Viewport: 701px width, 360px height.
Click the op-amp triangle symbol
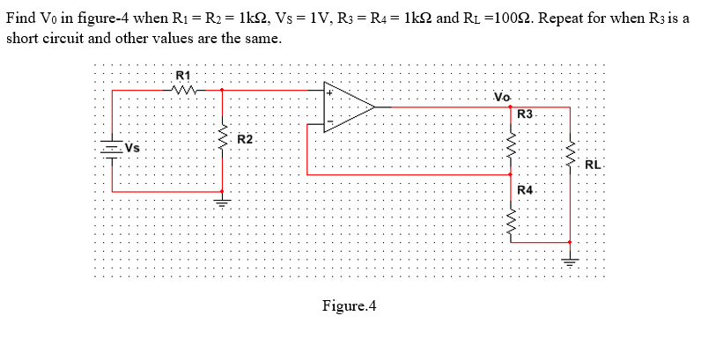click(348, 107)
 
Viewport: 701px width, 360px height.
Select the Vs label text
click(133, 147)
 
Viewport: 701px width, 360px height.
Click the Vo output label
click(502, 96)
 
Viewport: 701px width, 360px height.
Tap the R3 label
click(525, 114)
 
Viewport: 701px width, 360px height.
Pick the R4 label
click(525, 190)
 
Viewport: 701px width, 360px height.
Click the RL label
click(593, 164)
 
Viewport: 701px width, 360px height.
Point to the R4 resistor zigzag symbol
click(510, 217)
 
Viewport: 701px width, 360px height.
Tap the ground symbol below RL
click(570, 260)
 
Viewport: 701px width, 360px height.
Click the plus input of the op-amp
click(329, 91)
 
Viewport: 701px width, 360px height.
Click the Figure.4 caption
click(349, 306)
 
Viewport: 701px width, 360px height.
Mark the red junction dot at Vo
click(510, 107)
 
